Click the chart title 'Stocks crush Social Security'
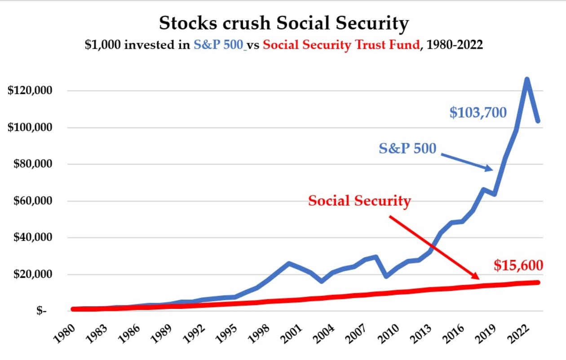pyautogui.click(x=283, y=23)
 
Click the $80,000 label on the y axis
pyautogui.click(x=32, y=164)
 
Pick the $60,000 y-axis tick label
pyautogui.click(x=32, y=201)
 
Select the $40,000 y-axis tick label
pyautogui.click(x=32, y=238)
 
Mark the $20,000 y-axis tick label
pyautogui.click(x=32, y=275)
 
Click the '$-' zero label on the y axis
pyautogui.click(x=42, y=311)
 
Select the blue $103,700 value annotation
pyautogui.click(x=478, y=112)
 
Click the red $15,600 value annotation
pyautogui.click(x=518, y=265)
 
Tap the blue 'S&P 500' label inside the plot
pyautogui.click(x=407, y=148)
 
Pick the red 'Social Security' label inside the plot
pyautogui.click(x=359, y=200)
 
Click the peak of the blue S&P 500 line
pyautogui.click(x=526, y=80)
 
